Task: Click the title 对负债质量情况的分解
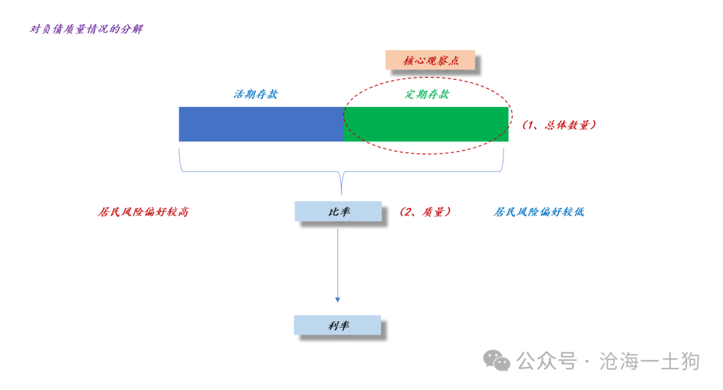(86, 29)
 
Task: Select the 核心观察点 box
(430, 61)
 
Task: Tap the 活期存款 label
(255, 94)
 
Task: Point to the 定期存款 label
(426, 94)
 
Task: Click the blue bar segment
(261, 124)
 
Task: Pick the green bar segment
(426, 124)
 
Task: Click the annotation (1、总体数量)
(559, 125)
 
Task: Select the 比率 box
(338, 212)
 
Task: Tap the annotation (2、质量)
(425, 212)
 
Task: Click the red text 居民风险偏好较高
(143, 212)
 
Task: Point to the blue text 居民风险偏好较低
(539, 212)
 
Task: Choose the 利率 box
(337, 326)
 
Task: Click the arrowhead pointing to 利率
(337, 299)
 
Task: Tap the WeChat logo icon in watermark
(497, 362)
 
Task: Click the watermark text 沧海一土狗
(649, 362)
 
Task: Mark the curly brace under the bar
(341, 175)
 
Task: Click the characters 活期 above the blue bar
(244, 94)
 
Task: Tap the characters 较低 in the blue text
(574, 212)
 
